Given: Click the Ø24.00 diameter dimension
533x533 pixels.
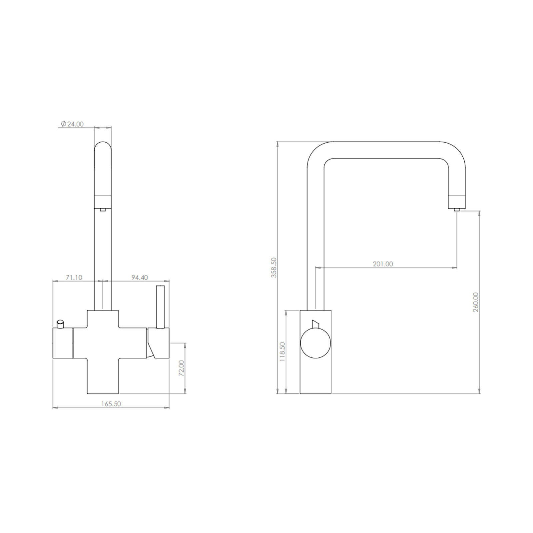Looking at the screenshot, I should tap(72, 124).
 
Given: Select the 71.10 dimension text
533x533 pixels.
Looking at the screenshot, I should tap(74, 277).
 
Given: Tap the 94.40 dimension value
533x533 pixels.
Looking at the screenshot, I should tap(139, 277).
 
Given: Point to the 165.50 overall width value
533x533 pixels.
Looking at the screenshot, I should tap(111, 404).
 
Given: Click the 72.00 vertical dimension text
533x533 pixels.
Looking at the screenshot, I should tap(181, 368).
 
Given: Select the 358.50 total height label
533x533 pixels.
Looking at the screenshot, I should tap(274, 267).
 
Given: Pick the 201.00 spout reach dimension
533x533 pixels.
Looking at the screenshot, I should tap(383, 264).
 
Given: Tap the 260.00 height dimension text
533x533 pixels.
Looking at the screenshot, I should tap(476, 302).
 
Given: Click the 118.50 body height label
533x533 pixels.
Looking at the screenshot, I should tap(282, 352).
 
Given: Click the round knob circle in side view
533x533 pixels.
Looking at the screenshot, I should tap(315, 343).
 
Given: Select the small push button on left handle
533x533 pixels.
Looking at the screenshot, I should tap(60, 323).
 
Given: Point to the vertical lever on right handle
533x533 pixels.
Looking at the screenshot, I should tap(160, 306).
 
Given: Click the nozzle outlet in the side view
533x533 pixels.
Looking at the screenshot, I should tap(457, 202).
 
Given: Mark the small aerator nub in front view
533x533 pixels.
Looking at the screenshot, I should tap(103, 210).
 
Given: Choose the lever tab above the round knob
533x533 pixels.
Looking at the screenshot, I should tap(315, 324).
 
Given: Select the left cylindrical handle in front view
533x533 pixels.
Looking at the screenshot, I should tap(63, 343).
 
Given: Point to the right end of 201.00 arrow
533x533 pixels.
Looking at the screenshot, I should tap(456, 267).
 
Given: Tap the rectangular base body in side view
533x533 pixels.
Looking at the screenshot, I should tap(315, 376).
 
